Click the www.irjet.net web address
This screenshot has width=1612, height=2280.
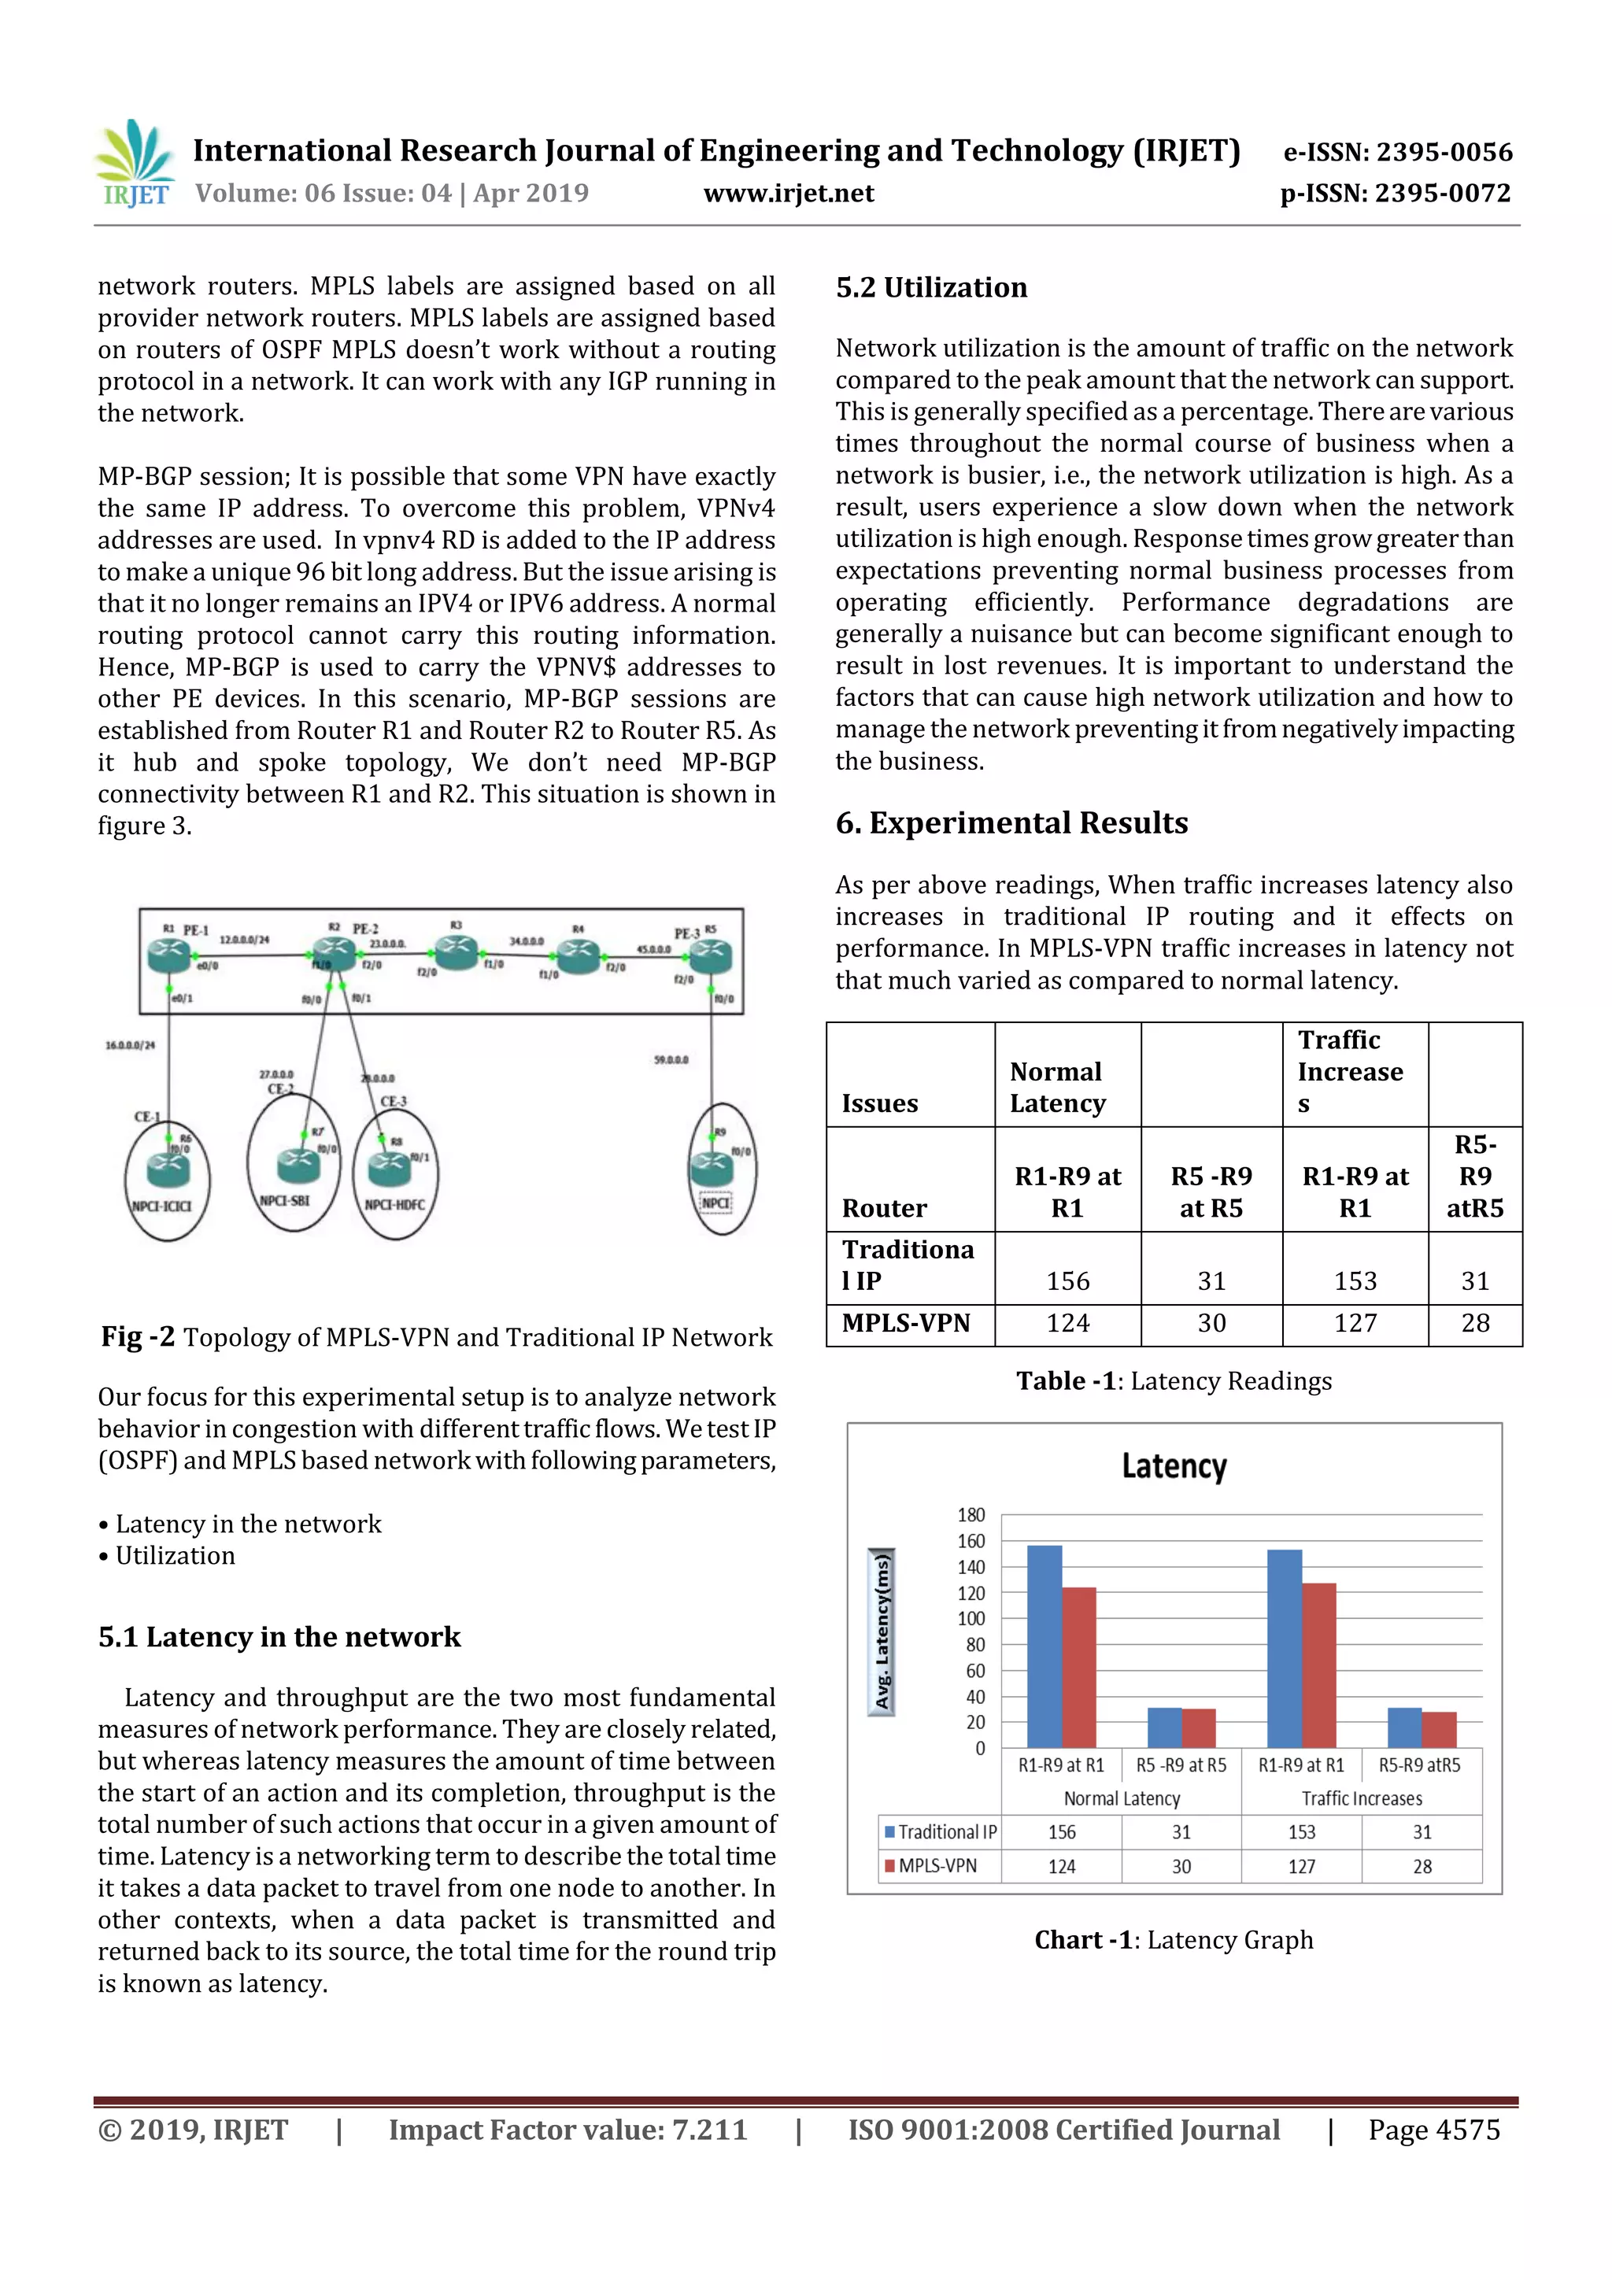click(789, 193)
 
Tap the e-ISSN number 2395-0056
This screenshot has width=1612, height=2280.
click(1397, 152)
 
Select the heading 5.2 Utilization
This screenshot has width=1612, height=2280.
click(930, 288)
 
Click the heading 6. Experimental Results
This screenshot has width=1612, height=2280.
click(1011, 823)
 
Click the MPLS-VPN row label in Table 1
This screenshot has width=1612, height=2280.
click(906, 1323)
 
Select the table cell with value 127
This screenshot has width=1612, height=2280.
click(1355, 1323)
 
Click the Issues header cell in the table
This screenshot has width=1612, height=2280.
click(880, 1103)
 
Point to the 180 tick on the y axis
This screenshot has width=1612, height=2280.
click(971, 1514)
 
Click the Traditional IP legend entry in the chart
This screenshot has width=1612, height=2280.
click(940, 1832)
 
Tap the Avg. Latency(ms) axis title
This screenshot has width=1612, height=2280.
click(881, 1631)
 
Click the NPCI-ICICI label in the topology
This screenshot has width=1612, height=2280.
click(162, 1206)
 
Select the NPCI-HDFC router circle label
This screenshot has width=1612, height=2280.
click(394, 1205)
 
